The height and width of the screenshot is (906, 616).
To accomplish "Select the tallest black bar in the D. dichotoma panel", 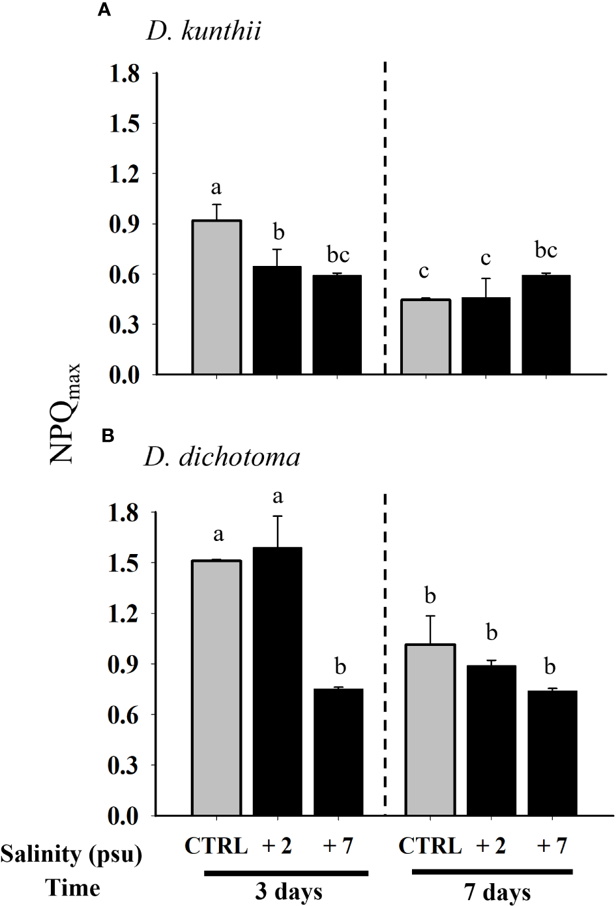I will coord(277,681).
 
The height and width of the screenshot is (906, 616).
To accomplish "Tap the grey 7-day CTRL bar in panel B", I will coord(430,730).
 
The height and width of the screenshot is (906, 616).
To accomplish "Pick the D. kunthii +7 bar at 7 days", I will coord(546,325).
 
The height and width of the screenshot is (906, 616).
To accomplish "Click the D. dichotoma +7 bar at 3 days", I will coord(338,752).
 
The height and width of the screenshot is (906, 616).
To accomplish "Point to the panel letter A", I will coord(102,11).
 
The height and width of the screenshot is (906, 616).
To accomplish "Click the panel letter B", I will coord(108,436).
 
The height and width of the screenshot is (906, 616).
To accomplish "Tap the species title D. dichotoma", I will coord(222,457).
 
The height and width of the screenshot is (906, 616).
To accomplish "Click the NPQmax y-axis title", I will coord(65,413).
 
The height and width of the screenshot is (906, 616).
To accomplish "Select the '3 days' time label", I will coord(288,891).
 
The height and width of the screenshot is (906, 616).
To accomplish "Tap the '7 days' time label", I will coord(497,891).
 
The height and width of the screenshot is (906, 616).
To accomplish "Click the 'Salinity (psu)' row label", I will coord(71,853).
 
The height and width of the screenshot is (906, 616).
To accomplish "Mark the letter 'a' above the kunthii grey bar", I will coord(216,188).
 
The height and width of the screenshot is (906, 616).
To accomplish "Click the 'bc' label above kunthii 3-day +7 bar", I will coord(338,255).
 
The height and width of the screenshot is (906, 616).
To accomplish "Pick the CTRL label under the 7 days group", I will coord(430,845).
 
